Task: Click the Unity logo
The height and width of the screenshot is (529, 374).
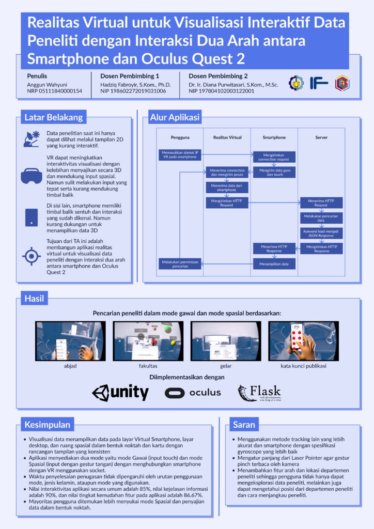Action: coord(120,393)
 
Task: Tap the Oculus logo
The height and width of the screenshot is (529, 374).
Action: coord(193,393)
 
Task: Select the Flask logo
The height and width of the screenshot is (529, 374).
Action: coord(259,393)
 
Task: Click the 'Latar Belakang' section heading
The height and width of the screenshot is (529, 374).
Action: coord(54,117)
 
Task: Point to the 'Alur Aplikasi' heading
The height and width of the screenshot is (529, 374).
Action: coord(175,117)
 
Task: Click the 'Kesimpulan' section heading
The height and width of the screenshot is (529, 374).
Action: coord(47,425)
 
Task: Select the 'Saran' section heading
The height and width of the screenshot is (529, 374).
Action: coord(244,425)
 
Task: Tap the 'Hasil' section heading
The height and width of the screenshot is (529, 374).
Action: coord(34,298)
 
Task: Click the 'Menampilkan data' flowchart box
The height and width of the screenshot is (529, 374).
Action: coord(274,263)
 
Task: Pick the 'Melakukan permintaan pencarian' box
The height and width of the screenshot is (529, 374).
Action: coord(179,263)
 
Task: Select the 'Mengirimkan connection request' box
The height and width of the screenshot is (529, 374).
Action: coord(274,157)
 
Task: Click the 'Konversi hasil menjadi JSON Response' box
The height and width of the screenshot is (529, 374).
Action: coord(321,234)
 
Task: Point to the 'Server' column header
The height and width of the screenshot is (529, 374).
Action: coord(321,137)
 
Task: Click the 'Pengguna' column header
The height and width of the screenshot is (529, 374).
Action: coord(179,137)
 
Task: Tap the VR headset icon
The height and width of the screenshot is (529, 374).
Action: coord(32,176)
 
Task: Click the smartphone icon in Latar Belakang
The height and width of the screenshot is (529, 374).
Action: coord(32,217)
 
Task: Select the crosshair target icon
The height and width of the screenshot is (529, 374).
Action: coord(32,256)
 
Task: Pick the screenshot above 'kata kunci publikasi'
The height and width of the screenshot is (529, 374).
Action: coord(303,340)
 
